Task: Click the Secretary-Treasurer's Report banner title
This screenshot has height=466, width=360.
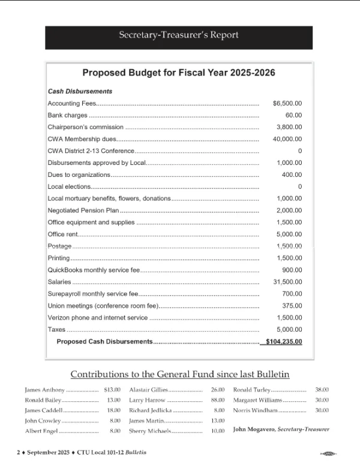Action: [179, 35]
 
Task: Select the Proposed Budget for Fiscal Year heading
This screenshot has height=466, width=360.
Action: [179, 73]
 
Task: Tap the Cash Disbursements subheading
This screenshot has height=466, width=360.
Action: [80, 91]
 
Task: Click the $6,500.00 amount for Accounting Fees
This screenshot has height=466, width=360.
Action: [287, 103]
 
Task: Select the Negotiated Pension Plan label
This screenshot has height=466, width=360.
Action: [83, 211]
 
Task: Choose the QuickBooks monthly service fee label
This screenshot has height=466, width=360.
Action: [93, 270]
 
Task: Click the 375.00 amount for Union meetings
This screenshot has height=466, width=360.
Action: [292, 305]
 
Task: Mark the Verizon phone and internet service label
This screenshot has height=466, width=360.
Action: [97, 317]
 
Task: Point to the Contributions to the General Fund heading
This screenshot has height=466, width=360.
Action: [180, 374]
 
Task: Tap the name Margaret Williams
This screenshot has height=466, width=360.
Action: [260, 400]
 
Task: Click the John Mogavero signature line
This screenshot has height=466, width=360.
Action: [281, 429]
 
